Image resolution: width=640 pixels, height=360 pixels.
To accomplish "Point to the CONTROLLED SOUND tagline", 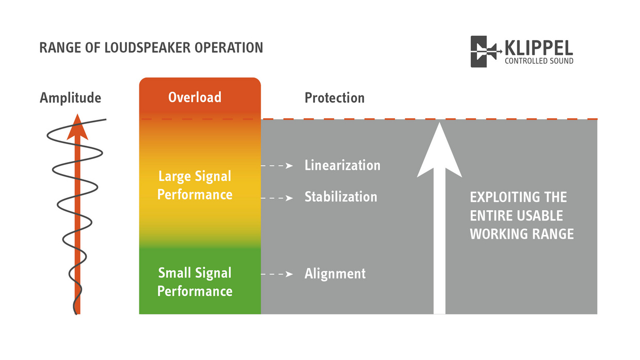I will (x=538, y=61).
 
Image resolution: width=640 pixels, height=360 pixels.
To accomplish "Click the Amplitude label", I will (x=70, y=98).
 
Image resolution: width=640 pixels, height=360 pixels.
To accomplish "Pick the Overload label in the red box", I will (x=195, y=97).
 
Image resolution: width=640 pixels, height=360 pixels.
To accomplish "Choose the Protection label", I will (x=334, y=98).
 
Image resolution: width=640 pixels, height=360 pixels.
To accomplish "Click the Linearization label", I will (x=342, y=165).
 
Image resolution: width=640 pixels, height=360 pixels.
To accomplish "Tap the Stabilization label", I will (x=341, y=197).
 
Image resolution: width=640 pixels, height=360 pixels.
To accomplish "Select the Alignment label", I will (x=335, y=273).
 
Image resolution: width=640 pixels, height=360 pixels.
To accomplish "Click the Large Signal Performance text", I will (x=195, y=185).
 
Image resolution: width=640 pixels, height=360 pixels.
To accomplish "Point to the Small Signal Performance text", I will (x=195, y=282).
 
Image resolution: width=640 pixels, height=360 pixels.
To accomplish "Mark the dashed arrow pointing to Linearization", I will (x=277, y=166).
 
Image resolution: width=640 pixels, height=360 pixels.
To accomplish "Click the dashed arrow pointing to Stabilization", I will (x=277, y=198).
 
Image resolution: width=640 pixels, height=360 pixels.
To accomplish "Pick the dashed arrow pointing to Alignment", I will (x=277, y=274).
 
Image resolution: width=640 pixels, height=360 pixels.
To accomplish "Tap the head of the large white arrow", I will (x=439, y=150).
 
